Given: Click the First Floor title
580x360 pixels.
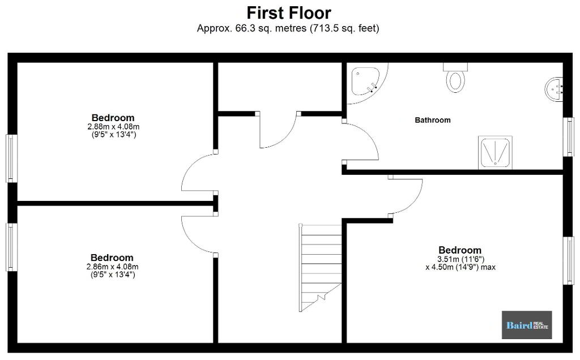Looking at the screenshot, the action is point(288,13).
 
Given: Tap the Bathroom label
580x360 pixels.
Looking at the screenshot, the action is point(432,120).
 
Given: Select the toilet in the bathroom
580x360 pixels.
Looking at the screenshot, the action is point(455,78).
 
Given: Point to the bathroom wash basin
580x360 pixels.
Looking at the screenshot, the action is point(554,89).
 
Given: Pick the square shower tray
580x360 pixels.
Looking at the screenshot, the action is point(495,153).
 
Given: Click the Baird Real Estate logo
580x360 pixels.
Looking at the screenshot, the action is point(527,325).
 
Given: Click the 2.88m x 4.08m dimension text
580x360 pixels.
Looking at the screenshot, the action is point(113,126).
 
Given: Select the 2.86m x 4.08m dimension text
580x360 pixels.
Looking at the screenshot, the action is point(113,267).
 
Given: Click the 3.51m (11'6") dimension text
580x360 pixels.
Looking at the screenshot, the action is point(461,259).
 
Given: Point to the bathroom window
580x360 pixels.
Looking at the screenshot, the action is point(569,137).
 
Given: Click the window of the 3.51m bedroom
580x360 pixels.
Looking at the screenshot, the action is point(569,260).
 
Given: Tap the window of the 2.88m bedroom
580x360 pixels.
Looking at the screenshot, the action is point(11,158).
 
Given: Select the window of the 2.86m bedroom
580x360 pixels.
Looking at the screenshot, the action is point(11,247).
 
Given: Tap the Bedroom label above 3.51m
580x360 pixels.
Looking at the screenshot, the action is point(460,250).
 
